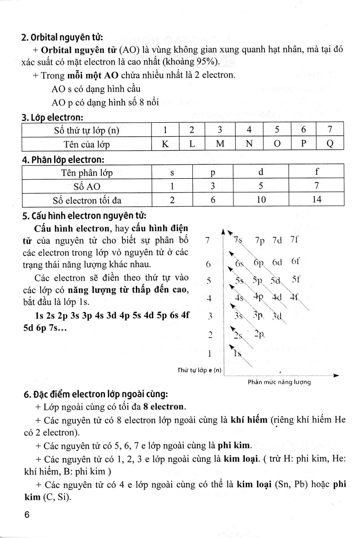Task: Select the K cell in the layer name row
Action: pos(165,144)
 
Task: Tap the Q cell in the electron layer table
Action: pos(330,144)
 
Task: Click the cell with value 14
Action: pos(317,200)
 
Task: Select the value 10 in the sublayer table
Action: pos(260,200)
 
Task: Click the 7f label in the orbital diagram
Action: pos(294,239)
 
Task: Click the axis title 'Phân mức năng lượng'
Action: pos(279,382)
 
